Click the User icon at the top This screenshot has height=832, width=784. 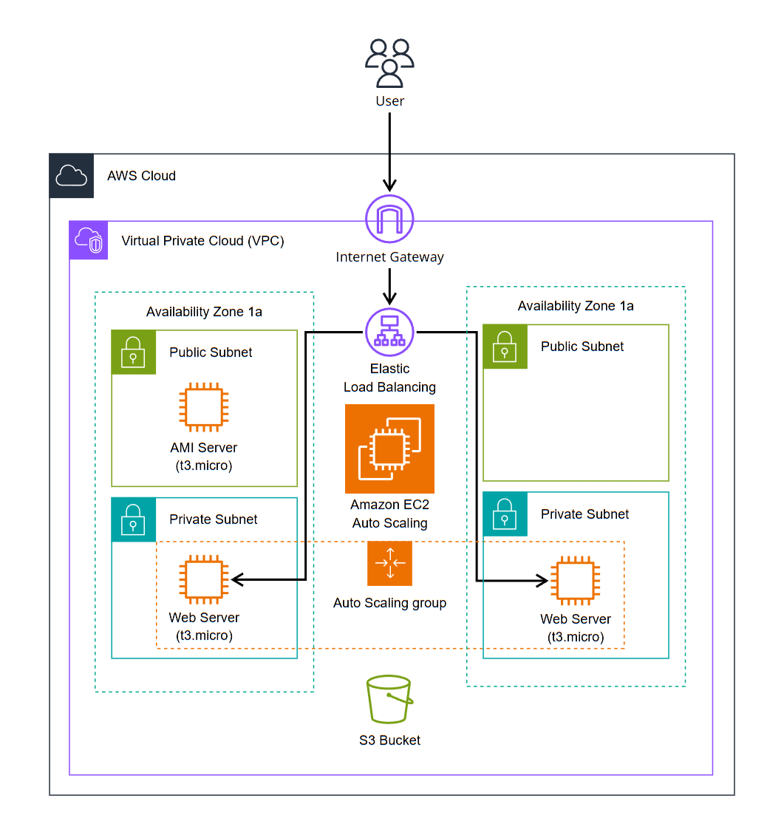(x=389, y=63)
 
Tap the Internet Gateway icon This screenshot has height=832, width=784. (x=389, y=219)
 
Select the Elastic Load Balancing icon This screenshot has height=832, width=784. (x=389, y=333)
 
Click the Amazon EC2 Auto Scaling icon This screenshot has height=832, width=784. (x=389, y=449)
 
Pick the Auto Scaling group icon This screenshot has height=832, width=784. (x=389, y=563)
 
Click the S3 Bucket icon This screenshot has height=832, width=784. (x=389, y=699)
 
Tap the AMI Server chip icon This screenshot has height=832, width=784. (x=204, y=407)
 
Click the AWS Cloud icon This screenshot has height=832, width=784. (x=72, y=176)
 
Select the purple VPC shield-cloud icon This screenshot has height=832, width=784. (x=89, y=240)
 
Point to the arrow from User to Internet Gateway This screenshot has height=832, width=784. (x=389, y=151)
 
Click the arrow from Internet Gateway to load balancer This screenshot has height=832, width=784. (x=389, y=287)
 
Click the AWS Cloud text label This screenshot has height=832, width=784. (x=141, y=176)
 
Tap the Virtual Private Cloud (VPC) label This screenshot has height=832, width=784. (x=202, y=241)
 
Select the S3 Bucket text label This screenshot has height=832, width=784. (x=389, y=740)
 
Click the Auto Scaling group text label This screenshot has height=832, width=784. (x=389, y=603)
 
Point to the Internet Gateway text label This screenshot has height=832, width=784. (x=389, y=257)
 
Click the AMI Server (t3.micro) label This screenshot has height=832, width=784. (x=204, y=457)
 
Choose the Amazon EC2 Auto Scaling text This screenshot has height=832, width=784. (x=389, y=514)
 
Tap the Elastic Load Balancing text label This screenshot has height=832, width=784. (x=389, y=378)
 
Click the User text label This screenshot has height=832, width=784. (x=389, y=100)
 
